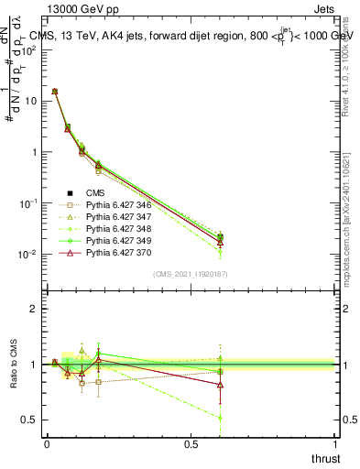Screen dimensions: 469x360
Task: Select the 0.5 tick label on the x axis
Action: (191, 443)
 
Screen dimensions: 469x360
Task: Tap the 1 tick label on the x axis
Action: (335, 443)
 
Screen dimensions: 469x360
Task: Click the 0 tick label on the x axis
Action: (47, 443)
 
